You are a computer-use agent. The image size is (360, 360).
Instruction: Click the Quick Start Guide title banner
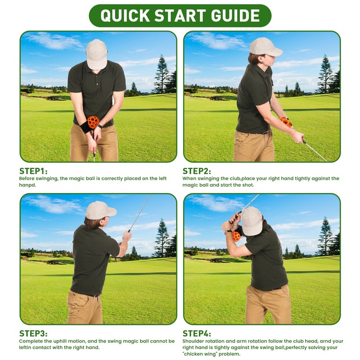click(180, 15)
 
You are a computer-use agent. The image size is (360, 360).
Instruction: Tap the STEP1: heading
click(33, 171)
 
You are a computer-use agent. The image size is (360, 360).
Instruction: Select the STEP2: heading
click(197, 171)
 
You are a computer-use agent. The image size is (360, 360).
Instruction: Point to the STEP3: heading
click(33, 333)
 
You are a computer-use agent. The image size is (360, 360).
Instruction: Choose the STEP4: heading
click(197, 333)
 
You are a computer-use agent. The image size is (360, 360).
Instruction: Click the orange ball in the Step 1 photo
click(93, 122)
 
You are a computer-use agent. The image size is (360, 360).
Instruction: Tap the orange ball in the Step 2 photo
click(285, 122)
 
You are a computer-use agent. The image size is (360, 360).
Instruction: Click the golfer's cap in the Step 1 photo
click(97, 53)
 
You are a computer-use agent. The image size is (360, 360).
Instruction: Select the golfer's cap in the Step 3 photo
click(100, 210)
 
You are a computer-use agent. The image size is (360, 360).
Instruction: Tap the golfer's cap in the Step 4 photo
click(252, 220)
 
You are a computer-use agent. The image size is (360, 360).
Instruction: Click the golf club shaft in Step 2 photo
click(315, 151)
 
